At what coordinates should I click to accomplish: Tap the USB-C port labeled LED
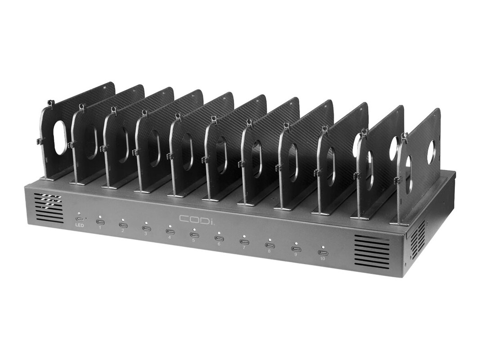point(79,219)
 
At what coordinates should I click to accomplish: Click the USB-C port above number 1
point(100,222)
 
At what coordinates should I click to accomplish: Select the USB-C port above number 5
point(193,235)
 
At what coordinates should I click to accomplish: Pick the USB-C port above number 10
point(322,252)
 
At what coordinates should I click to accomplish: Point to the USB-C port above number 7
point(244,242)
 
